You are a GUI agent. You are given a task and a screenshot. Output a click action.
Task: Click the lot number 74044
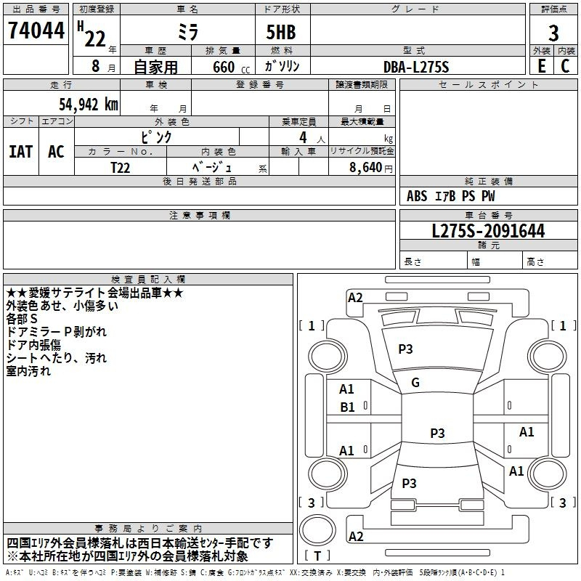tap(36, 31)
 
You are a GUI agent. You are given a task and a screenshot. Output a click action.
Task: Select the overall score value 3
tap(553, 33)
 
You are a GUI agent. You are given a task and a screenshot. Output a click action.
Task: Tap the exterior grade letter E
tap(541, 66)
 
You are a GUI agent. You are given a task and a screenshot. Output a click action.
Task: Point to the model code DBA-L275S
tap(416, 67)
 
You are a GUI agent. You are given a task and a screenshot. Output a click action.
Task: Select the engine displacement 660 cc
tap(220, 68)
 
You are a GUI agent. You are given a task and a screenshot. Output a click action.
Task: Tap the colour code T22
tap(121, 167)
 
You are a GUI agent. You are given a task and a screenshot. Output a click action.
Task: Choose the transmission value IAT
tap(21, 152)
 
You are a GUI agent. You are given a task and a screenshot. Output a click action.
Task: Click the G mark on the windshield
tap(415, 383)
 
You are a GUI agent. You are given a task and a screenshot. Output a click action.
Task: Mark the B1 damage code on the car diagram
tap(347, 407)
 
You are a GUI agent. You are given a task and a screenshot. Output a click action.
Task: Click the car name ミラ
tap(189, 31)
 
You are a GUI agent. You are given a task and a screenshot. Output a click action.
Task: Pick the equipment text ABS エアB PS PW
tap(451, 196)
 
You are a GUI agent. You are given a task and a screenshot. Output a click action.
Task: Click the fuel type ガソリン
tap(282, 66)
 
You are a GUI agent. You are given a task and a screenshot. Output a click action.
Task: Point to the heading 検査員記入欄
tap(148, 279)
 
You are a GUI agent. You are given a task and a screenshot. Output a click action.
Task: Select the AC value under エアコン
tap(56, 152)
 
